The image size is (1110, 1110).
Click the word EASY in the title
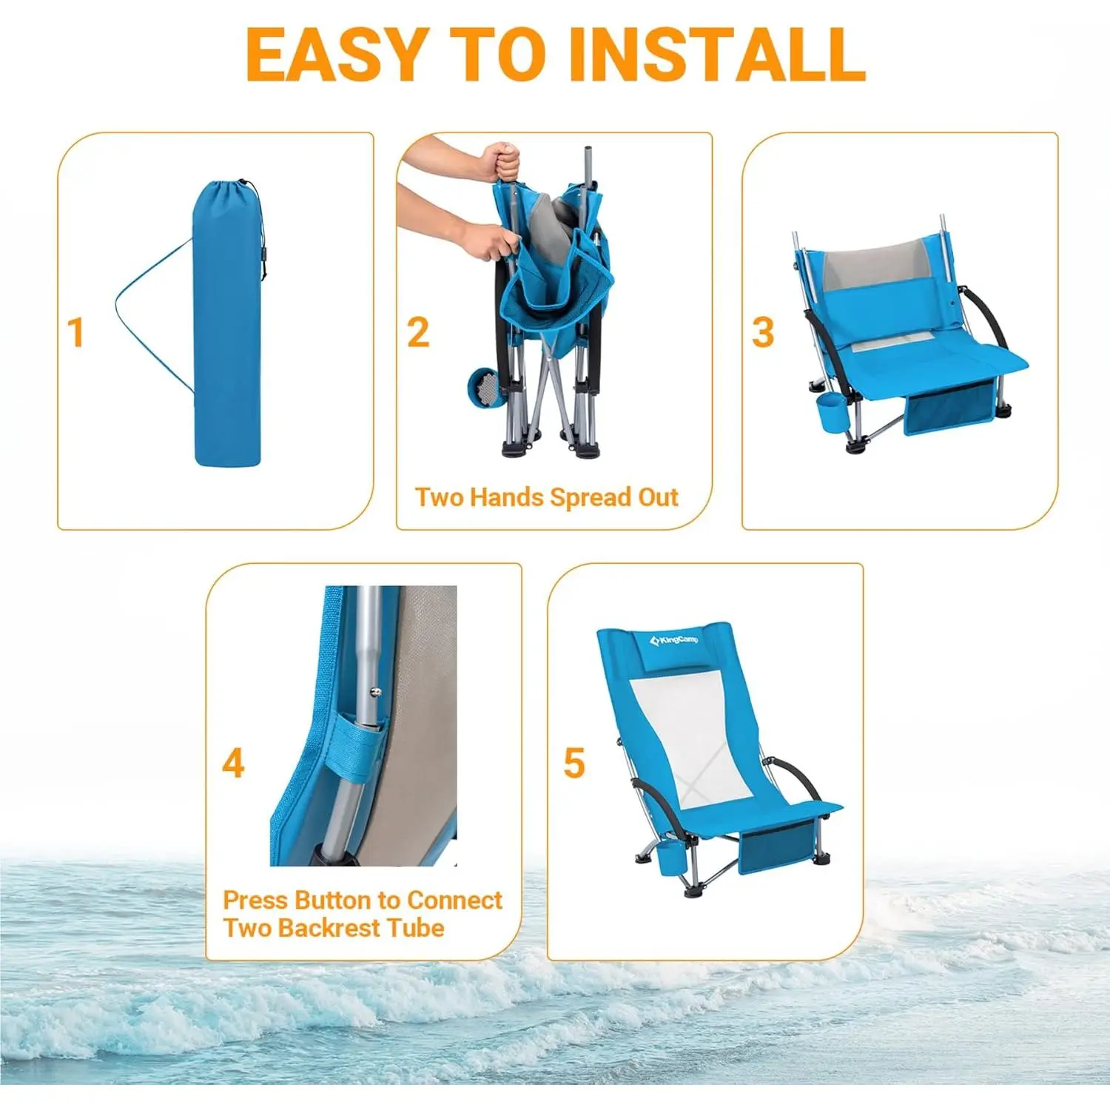click(x=335, y=55)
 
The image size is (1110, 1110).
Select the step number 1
click(x=75, y=332)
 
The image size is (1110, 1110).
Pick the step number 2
click(x=418, y=332)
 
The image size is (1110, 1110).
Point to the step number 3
click(x=763, y=332)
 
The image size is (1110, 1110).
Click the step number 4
click(x=233, y=763)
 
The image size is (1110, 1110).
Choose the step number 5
click(x=574, y=763)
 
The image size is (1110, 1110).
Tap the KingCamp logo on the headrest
click(x=673, y=639)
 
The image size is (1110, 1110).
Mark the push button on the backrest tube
click(x=376, y=692)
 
